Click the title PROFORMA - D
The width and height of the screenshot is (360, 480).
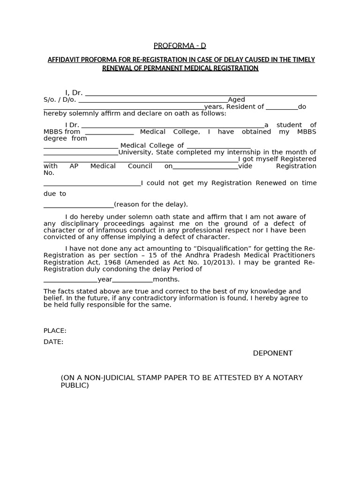(x=180, y=45)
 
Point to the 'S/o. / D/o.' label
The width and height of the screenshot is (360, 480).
(x=60, y=100)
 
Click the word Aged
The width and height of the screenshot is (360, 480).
(x=236, y=100)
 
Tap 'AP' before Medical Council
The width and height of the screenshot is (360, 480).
(x=74, y=166)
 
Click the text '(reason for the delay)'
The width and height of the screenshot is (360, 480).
(x=150, y=204)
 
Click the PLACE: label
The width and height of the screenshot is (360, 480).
(x=55, y=330)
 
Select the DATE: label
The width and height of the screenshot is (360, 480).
(x=53, y=342)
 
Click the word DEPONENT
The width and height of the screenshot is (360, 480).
(x=272, y=353)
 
